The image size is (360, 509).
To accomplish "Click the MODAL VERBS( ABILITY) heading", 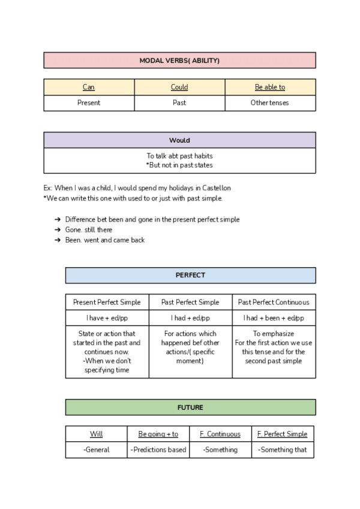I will pyautogui.click(x=179, y=61).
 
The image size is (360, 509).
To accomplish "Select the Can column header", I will pyautogui.click(x=89, y=87).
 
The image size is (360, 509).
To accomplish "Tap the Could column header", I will pyautogui.click(x=179, y=87).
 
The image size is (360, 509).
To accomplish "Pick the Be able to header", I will pyautogui.click(x=270, y=87).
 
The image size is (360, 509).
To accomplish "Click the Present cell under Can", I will pyautogui.click(x=89, y=103).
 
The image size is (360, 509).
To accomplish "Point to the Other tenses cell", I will pyautogui.click(x=270, y=103).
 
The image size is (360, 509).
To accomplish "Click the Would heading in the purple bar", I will pyautogui.click(x=179, y=140).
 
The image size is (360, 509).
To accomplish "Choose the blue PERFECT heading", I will pyautogui.click(x=190, y=276).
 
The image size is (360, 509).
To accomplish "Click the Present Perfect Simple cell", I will pyautogui.click(x=107, y=302).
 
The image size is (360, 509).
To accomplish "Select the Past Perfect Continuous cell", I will pyautogui.click(x=274, y=302).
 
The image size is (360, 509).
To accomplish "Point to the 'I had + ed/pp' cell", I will pyautogui.click(x=190, y=318).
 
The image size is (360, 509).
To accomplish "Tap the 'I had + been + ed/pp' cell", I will pyautogui.click(x=274, y=318).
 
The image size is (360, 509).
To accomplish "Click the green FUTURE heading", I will pyautogui.click(x=190, y=408).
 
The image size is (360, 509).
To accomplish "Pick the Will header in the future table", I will pyautogui.click(x=97, y=434).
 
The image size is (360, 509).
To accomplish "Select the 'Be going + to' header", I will pyautogui.click(x=158, y=434).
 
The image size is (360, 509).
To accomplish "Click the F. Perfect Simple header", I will pyautogui.click(x=282, y=434).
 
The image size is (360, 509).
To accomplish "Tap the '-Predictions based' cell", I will pyautogui.click(x=158, y=450).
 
